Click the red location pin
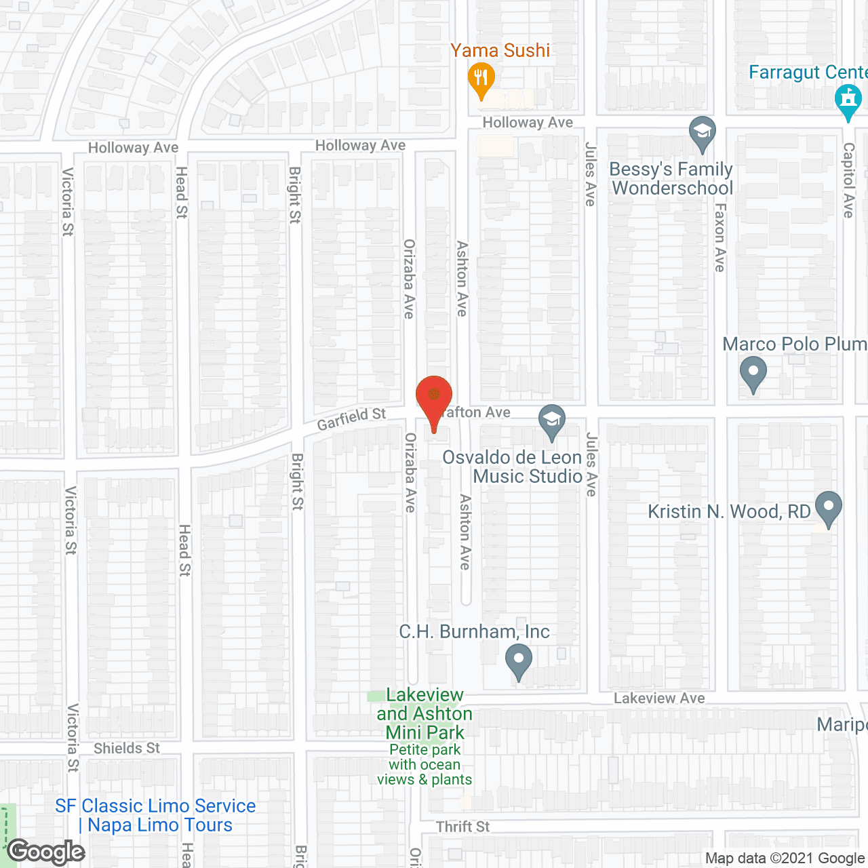[x=434, y=397]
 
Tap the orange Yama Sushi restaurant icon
[x=481, y=79]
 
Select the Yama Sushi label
[x=500, y=50]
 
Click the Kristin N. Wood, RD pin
[x=828, y=508]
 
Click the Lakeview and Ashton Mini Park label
[x=425, y=713]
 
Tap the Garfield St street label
[x=351, y=418]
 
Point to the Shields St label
[x=127, y=748]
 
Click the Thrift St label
[x=462, y=827]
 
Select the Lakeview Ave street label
[x=659, y=698]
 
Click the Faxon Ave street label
[x=719, y=237]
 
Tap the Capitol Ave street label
[x=848, y=180]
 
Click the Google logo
[x=46, y=852]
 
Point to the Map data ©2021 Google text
[x=785, y=859]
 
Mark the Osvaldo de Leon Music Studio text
[x=513, y=467]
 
